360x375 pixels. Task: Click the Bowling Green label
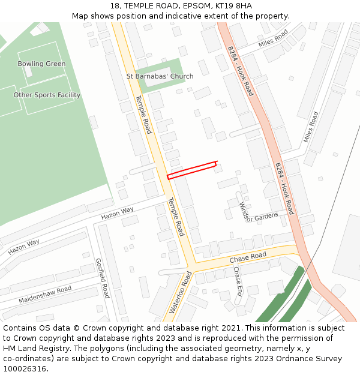(41, 64)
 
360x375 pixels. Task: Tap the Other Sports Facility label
(47, 95)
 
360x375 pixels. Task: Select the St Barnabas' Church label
(160, 77)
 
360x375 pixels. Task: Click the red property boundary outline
(191, 170)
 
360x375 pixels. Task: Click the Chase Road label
(248, 257)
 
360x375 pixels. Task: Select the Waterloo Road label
(180, 292)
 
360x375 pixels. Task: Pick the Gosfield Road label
(103, 278)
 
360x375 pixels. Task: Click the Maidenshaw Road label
(45, 294)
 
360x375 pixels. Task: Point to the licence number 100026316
(24, 369)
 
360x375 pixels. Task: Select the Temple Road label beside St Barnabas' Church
(143, 114)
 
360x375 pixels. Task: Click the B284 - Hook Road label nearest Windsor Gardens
(284, 188)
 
